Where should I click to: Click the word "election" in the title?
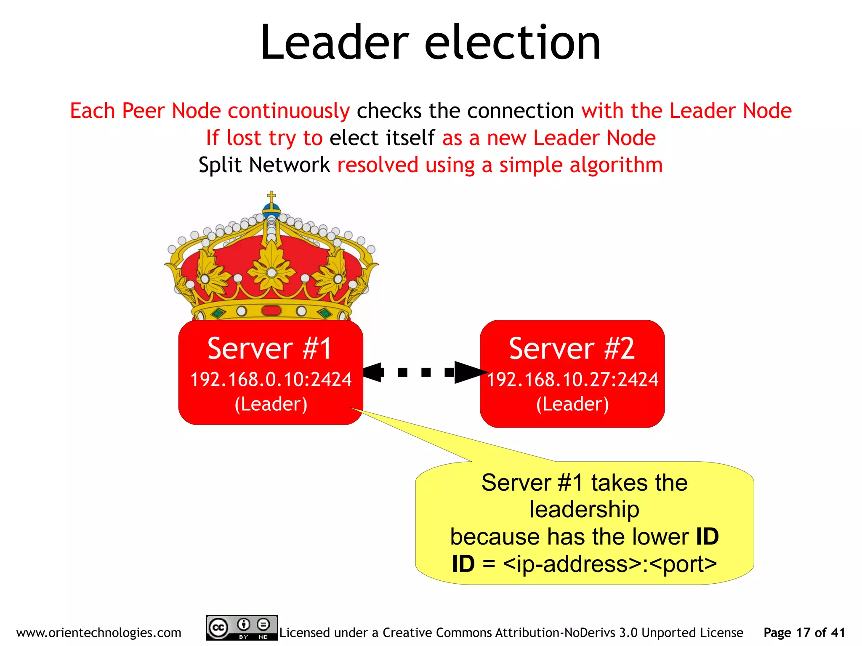[512, 43]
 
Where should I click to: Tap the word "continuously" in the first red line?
[289, 111]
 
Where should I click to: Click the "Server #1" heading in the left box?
[270, 348]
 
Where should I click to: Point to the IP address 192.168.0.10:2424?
[271, 379]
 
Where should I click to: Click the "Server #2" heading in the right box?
[572, 348]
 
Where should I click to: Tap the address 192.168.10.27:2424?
[572, 379]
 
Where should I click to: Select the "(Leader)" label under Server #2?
[572, 404]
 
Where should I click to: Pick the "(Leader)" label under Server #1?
[271, 404]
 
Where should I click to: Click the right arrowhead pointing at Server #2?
[468, 372]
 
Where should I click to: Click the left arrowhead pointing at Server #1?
[373, 372]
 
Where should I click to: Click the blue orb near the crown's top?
[271, 209]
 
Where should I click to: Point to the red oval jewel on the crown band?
[271, 311]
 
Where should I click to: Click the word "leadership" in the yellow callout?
[584, 510]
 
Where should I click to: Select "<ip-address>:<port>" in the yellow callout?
[609, 564]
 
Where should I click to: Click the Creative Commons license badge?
[242, 628]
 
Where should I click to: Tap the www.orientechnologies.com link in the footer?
[98, 633]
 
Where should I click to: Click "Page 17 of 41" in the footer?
[804, 633]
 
